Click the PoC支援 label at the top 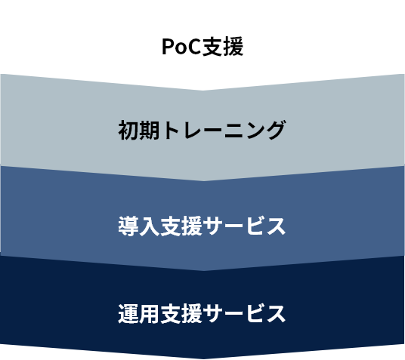(x=202, y=47)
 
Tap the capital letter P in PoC (x=168, y=47)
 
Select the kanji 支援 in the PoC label (x=223, y=47)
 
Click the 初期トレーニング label (x=202, y=130)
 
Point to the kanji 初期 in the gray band (x=139, y=130)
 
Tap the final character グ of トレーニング (x=274, y=130)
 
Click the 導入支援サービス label (x=202, y=226)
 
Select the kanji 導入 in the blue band (x=139, y=226)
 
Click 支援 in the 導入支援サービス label (x=181, y=226)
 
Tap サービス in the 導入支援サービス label (x=244, y=226)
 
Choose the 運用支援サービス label (x=202, y=313)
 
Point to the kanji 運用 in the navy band (x=139, y=313)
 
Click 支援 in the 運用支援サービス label (x=181, y=313)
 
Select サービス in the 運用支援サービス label (x=244, y=313)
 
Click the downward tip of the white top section (x=203, y=91)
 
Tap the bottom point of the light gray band (x=203, y=181)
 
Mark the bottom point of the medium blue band (x=203, y=271)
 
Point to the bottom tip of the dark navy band (x=203, y=358)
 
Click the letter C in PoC (x=193, y=47)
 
